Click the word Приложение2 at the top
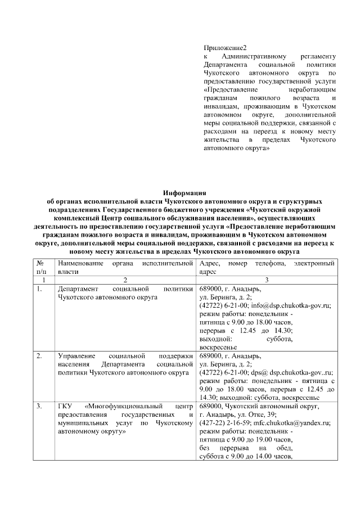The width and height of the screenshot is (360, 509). pyautogui.click(x=225, y=48)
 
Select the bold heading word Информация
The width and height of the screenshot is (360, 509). pyautogui.click(x=180, y=192)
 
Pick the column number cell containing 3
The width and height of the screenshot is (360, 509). pyautogui.click(x=267, y=280)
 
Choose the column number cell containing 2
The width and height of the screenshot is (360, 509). pyautogui.click(x=125, y=280)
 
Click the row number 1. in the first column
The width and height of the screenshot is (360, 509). pyautogui.click(x=40, y=289)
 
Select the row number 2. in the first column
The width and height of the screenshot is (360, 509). pyautogui.click(x=40, y=356)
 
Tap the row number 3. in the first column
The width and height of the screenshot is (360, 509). pyautogui.click(x=40, y=406)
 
